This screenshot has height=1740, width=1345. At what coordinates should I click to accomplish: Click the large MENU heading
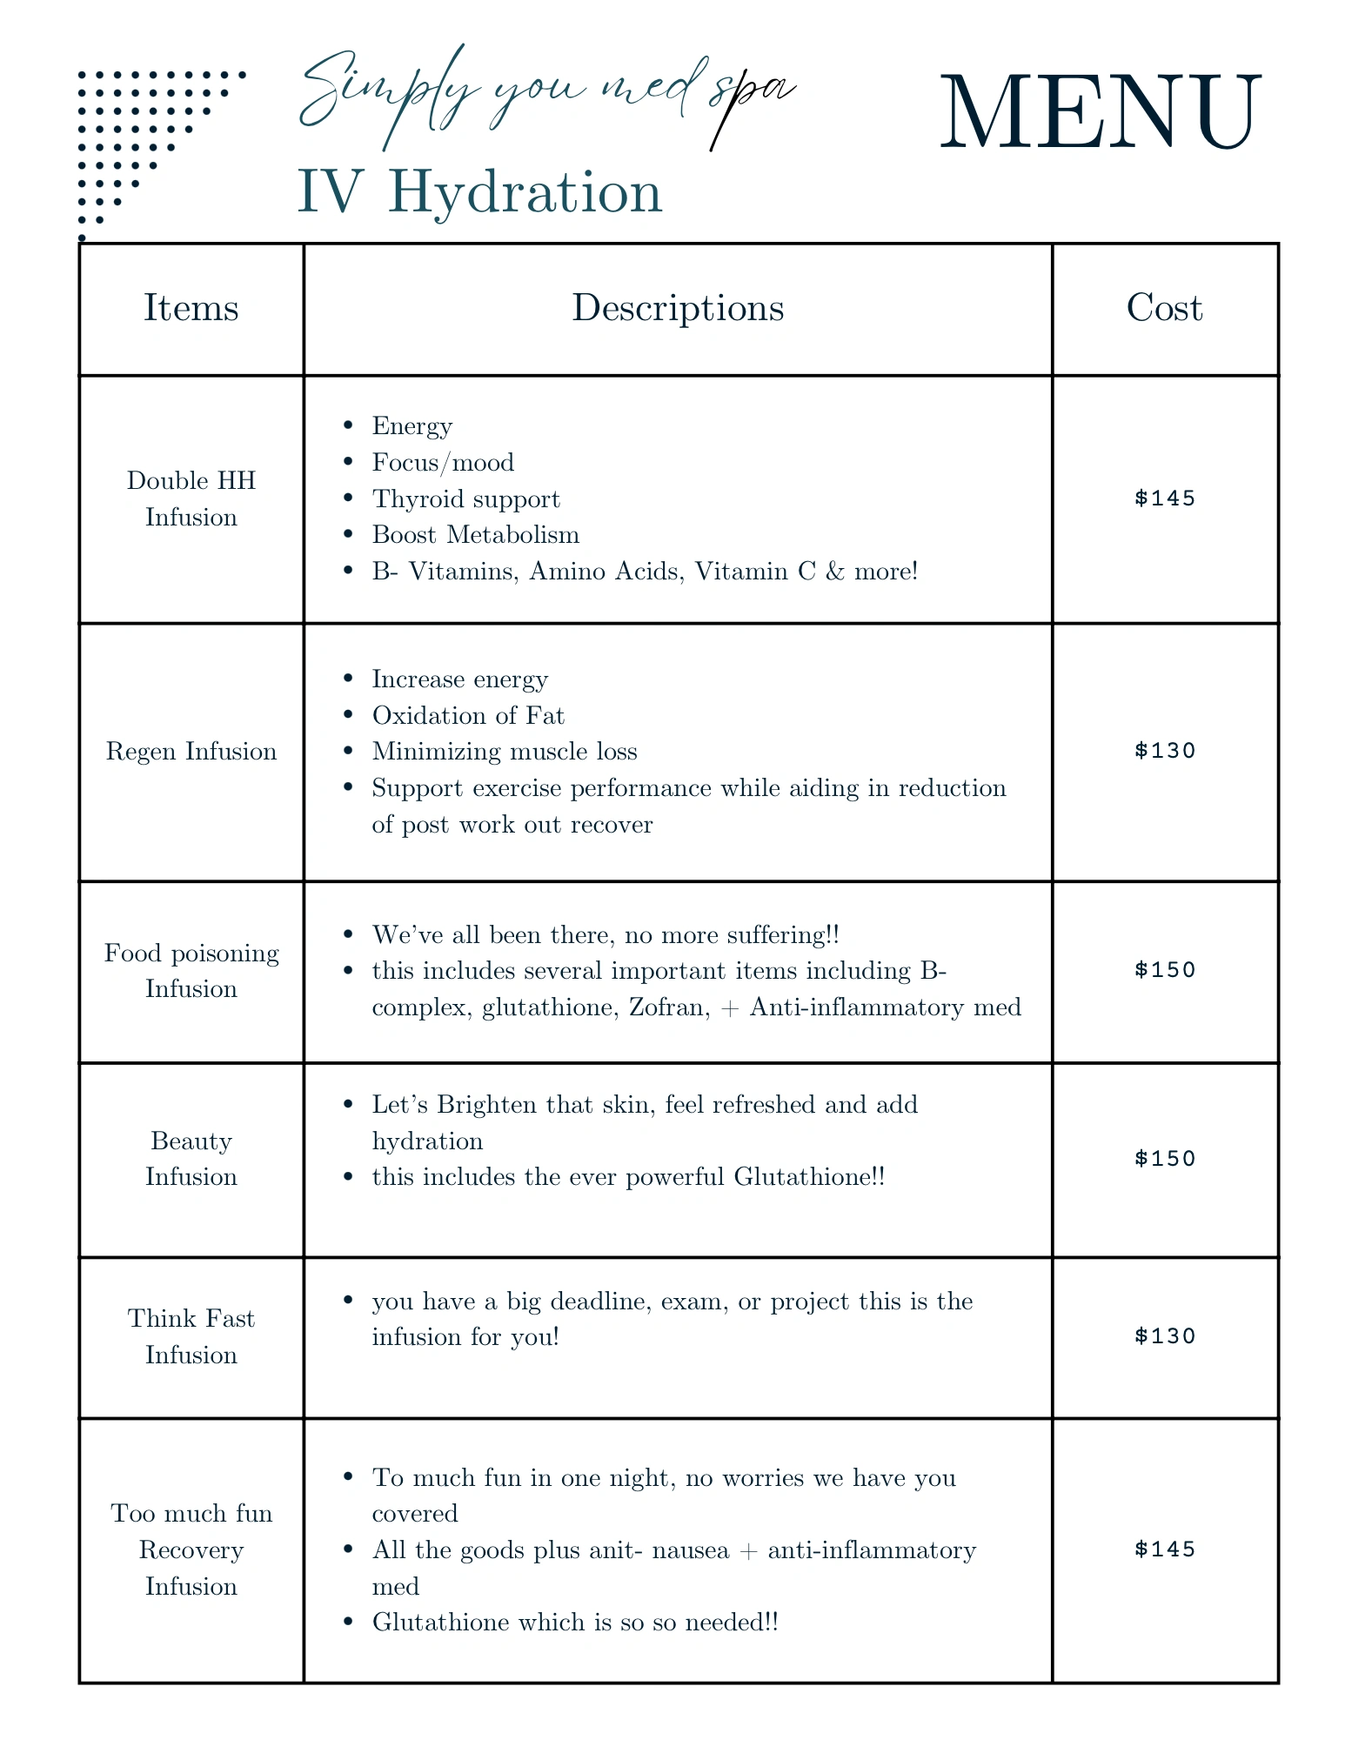[1100, 114]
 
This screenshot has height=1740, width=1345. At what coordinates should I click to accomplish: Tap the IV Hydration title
[479, 191]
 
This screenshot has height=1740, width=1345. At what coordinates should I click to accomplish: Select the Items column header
[191, 308]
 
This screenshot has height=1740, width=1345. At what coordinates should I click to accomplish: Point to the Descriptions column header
[677, 308]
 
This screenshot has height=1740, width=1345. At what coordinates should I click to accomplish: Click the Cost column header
[1164, 308]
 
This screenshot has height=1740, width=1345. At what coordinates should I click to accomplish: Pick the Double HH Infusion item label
[191, 499]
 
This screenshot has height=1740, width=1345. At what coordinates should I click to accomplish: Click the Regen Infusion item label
[191, 751]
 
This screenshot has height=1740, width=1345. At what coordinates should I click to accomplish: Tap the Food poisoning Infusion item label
[191, 970]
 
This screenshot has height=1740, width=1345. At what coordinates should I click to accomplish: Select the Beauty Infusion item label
[191, 1158]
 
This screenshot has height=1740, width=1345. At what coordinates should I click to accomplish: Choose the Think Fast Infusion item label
[191, 1335]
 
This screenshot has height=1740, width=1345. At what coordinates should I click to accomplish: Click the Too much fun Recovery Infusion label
[191, 1549]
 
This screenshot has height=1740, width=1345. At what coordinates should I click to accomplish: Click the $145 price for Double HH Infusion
[1165, 499]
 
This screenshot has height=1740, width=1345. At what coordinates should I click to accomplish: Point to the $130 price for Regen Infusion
[1165, 751]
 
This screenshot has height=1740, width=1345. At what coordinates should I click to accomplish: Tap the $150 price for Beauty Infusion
[1165, 1158]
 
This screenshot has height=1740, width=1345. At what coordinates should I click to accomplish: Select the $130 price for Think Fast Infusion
[1165, 1335]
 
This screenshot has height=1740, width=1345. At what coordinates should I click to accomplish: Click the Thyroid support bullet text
[465, 499]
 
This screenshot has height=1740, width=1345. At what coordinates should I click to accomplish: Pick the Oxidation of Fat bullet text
[468, 715]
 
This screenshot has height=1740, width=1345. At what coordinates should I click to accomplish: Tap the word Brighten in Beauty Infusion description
[487, 1105]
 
